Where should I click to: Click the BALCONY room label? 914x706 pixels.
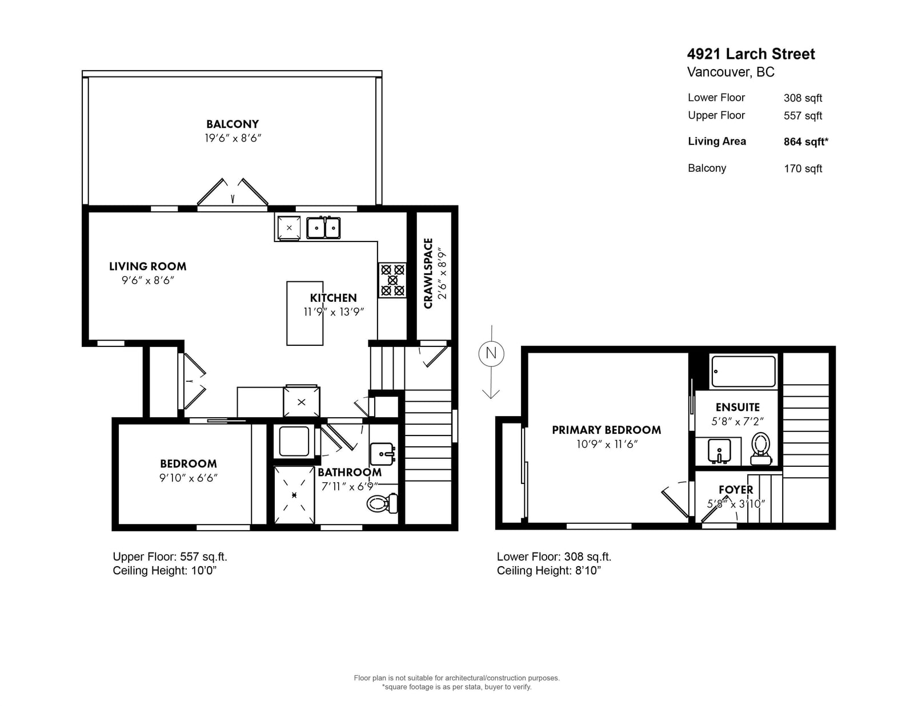(232, 124)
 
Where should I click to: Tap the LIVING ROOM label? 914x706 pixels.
(147, 267)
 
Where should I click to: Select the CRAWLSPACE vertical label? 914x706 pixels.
(428, 273)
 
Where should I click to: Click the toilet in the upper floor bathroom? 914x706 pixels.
(382, 503)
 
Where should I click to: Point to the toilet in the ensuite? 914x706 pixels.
(761, 449)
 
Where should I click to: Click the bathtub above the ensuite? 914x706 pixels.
(743, 372)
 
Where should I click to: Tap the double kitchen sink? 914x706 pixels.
(323, 228)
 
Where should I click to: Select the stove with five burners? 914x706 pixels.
(392, 280)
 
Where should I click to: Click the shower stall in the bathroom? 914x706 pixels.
(294, 495)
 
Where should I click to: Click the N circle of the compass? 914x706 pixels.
(491, 353)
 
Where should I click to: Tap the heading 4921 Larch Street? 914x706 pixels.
(751, 54)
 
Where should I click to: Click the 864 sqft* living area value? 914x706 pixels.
(806, 142)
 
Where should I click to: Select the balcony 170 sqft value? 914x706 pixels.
(803, 168)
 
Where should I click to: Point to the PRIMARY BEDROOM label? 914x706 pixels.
(607, 430)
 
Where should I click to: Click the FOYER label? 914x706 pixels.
(736, 490)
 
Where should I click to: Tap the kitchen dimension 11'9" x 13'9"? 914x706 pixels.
(334, 312)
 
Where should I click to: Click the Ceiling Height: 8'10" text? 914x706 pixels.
(549, 571)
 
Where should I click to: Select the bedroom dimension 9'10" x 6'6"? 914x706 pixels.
(189, 478)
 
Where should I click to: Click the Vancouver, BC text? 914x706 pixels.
(731, 72)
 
